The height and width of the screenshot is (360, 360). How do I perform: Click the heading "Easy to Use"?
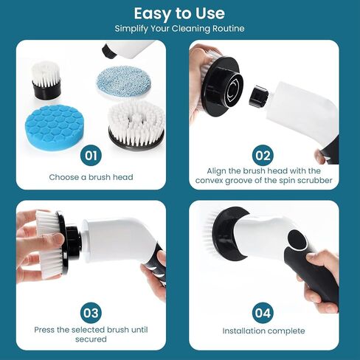pos(179,13)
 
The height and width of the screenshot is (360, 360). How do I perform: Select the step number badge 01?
pos(91,156)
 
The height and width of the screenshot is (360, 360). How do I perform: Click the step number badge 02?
pos(263,156)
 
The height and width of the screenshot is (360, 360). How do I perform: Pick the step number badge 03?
pos(91,313)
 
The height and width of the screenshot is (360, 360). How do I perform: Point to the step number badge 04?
pos(263,313)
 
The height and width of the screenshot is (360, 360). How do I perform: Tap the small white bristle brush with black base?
pos(46,80)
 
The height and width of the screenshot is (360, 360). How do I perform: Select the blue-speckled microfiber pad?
pos(123,81)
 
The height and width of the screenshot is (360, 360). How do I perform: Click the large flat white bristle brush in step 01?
pos(136,125)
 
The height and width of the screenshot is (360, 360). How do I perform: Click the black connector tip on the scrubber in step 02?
pos(258,96)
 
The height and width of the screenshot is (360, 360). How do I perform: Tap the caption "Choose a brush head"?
pos(91,177)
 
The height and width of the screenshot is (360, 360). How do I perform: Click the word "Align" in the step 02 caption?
pos(216,171)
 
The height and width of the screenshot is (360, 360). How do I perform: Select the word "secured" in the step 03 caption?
pos(91,339)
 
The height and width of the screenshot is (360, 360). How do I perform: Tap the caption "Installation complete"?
pos(263,330)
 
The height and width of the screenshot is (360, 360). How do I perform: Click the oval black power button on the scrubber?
pos(297,240)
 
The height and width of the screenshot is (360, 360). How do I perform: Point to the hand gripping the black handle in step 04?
pos(319,280)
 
